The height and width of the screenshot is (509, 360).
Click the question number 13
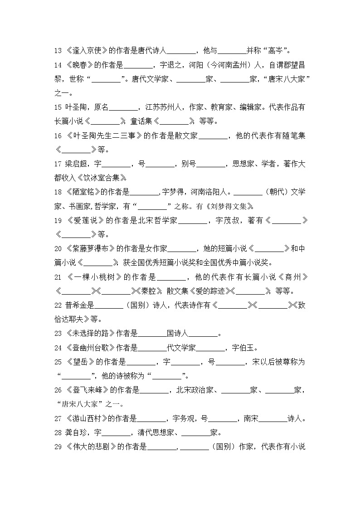tap(58, 50)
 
